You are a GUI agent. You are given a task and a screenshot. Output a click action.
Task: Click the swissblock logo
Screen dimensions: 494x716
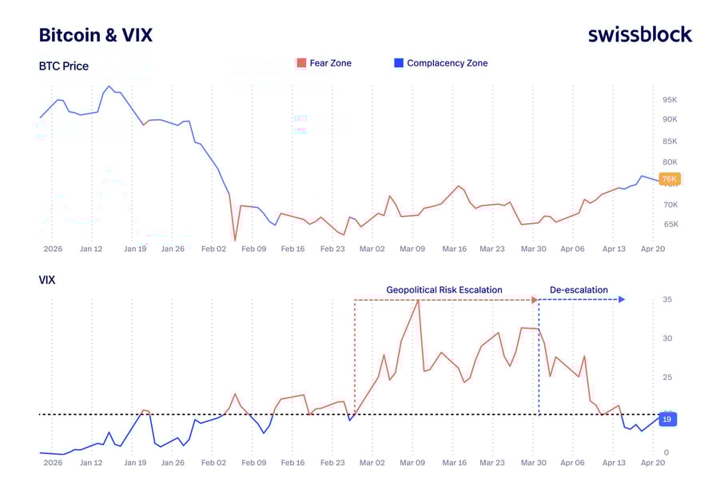click(x=639, y=34)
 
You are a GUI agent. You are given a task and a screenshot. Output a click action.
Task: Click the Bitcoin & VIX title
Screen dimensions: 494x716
click(x=95, y=35)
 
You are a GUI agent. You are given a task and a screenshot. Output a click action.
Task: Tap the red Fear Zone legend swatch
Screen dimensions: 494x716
click(x=301, y=63)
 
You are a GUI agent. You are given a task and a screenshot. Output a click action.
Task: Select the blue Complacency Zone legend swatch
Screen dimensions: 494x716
click(x=398, y=63)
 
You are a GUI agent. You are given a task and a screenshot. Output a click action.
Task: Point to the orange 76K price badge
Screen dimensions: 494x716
click(x=669, y=179)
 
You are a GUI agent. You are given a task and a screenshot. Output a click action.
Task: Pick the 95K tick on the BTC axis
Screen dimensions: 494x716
click(x=670, y=100)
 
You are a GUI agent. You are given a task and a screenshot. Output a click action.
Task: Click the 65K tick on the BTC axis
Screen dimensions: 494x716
click(x=670, y=225)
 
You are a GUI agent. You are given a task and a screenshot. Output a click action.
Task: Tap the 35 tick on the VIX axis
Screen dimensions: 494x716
click(x=666, y=300)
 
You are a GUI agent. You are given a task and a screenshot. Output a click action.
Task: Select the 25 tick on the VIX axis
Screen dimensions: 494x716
click(x=666, y=377)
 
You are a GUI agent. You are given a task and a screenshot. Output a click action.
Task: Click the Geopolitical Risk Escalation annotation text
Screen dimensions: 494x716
click(x=444, y=290)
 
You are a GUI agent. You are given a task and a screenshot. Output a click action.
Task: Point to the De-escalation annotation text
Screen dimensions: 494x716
click(x=579, y=290)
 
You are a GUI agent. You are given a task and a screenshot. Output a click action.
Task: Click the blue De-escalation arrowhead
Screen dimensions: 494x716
click(x=622, y=300)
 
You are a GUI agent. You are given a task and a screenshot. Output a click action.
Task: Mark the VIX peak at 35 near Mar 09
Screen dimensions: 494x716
click(x=418, y=300)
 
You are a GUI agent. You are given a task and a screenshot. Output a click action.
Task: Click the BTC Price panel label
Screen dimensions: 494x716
click(x=64, y=66)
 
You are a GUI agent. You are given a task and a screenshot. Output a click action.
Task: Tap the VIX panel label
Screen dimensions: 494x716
click(x=48, y=281)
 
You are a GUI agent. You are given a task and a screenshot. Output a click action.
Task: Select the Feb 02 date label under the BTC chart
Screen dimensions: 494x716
click(x=213, y=249)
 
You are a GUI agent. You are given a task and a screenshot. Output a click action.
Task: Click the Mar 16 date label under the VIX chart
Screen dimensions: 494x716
click(x=454, y=462)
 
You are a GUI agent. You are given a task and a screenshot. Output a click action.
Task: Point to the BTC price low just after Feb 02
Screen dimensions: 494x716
click(x=235, y=240)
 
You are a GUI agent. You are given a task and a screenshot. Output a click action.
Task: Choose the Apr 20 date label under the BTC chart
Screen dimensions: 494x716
click(x=653, y=249)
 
